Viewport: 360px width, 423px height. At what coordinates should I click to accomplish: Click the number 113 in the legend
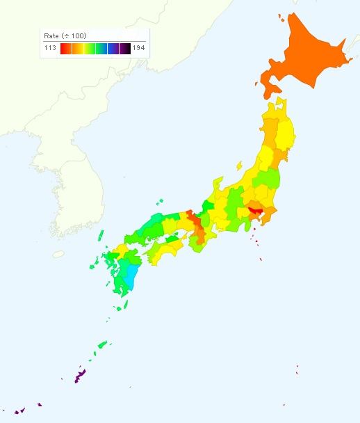[50, 48]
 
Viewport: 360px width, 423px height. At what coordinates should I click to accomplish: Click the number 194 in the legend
[138, 48]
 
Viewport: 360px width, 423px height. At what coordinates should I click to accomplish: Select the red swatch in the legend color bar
[64, 48]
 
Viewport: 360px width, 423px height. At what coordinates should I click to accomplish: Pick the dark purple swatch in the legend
[124, 48]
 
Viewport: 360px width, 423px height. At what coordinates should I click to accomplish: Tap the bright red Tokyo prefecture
[254, 209]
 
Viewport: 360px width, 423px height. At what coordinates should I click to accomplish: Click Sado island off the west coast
[238, 166]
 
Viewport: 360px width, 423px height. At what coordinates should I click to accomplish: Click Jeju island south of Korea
[58, 254]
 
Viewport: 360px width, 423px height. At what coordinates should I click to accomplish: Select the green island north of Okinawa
[103, 344]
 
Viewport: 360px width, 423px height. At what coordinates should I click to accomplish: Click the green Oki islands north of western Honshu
[159, 202]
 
